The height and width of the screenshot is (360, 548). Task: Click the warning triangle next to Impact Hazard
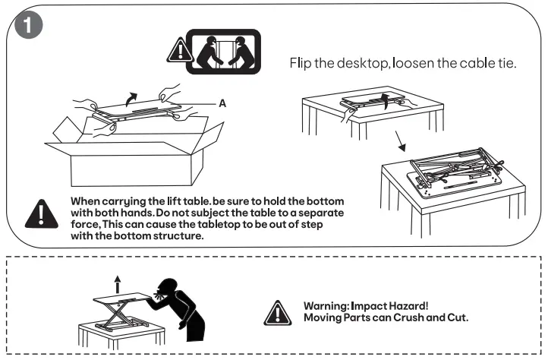coord(282,311)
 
